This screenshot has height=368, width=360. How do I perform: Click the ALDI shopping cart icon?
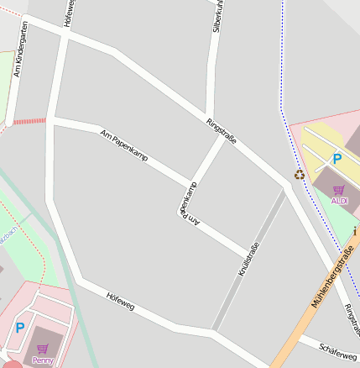click(339, 190)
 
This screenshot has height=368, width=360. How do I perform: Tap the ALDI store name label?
click(339, 201)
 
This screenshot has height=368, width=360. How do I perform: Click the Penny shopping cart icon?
click(42, 348)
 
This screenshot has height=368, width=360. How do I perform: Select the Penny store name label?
click(42, 360)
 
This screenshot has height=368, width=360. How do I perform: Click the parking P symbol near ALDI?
click(337, 159)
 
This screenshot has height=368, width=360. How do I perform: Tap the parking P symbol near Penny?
click(19, 328)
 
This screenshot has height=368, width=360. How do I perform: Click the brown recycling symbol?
click(299, 175)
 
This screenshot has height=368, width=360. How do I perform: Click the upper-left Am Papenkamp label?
click(123, 145)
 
